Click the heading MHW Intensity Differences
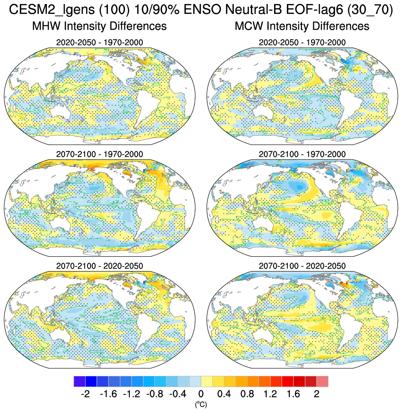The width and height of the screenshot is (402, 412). coord(99,26)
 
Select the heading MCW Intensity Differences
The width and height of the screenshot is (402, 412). coord(302,26)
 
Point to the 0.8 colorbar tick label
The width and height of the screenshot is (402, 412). coord(247,394)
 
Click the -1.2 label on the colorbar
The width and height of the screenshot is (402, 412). coord(132,394)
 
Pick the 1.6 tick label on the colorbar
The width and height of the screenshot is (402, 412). coord(294,394)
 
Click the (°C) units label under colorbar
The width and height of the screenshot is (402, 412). coord(201,404)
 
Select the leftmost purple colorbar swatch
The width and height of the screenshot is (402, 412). coord(79,381)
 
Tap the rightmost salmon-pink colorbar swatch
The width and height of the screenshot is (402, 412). coord(322,381)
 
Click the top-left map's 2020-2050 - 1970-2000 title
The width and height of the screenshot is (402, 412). coord(99,42)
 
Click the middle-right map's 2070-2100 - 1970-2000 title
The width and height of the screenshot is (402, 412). coord(302,154)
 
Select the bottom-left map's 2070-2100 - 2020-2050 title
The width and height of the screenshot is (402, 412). coord(99,266)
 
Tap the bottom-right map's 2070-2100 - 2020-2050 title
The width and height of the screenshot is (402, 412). coord(302,266)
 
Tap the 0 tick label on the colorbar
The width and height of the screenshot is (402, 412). coord(201,394)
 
